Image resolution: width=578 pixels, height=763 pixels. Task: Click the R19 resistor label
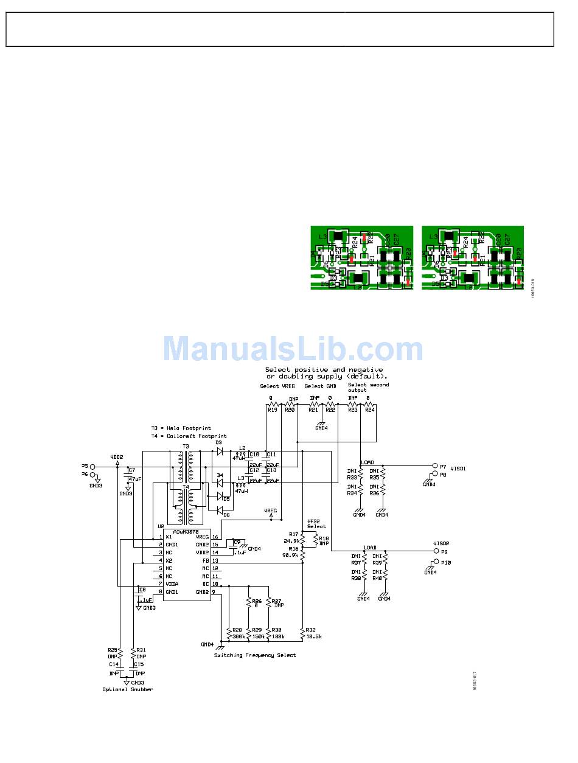tap(271, 410)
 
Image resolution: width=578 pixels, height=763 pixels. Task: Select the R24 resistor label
tap(369, 410)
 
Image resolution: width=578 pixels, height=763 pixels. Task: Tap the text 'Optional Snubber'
tap(128, 689)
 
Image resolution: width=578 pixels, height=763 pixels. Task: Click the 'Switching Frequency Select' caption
tap(255, 655)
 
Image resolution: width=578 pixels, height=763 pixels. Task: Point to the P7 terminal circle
tap(434, 465)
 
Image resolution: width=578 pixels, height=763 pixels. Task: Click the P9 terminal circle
tap(434, 551)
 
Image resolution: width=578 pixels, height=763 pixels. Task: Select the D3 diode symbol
tap(220, 452)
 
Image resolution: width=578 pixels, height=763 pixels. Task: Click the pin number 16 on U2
tap(215, 537)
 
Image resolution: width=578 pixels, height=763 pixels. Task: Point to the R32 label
tap(310, 630)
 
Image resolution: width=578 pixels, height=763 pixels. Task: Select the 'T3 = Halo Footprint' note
tap(181, 428)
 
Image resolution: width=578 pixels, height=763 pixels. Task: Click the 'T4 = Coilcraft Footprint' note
tap(189, 436)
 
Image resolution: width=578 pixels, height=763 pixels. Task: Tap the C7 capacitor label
tap(131, 470)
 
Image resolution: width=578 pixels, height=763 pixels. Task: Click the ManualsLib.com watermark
tap(293, 350)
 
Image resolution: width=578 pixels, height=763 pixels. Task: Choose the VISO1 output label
tap(458, 469)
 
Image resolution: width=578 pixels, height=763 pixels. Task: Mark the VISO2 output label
tap(441, 543)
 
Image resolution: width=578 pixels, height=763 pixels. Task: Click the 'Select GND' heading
tap(320, 386)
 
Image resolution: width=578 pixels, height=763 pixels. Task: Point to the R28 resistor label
tap(237, 630)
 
